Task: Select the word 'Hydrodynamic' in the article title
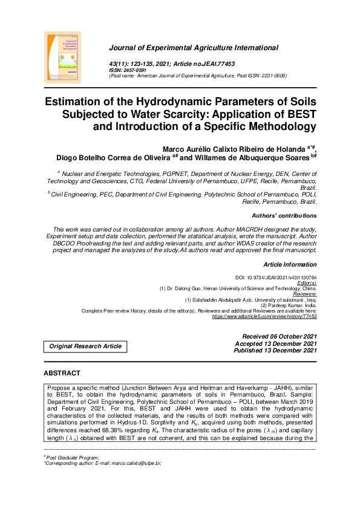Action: click(x=175, y=100)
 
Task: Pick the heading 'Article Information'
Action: click(x=289, y=264)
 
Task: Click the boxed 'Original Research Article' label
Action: click(x=85, y=346)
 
